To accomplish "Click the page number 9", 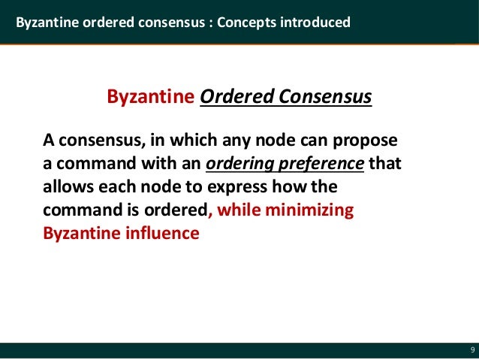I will click(472, 350).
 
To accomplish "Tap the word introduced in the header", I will click(315, 23).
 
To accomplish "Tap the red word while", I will click(243, 210).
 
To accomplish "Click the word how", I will click(301, 187).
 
